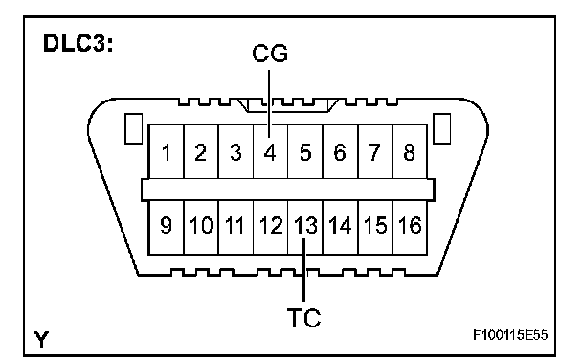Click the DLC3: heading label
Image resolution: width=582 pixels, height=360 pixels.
pos(78,43)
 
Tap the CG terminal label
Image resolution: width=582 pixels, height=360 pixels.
pos(270,53)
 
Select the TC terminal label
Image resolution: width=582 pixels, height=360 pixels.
pos(304,318)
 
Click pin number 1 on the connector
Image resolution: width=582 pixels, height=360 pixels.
pos(166,152)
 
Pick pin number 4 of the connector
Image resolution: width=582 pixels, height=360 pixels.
pos(270,152)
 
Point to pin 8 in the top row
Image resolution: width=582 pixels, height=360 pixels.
pos(409,152)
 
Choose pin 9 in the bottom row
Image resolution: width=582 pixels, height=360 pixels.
pos(166,225)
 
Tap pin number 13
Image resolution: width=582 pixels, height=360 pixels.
pos(305,225)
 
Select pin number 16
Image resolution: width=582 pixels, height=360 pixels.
pos(410,225)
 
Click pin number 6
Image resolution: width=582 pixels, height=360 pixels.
pos(340,152)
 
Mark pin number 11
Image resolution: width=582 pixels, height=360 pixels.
pos(235,225)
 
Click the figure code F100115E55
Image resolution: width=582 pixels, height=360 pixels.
pos(510,335)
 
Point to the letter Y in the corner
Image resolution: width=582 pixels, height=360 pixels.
pos(41,339)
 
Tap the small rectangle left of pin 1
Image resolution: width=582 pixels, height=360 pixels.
pos(133,128)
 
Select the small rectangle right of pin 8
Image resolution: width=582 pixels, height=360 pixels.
pos(442,128)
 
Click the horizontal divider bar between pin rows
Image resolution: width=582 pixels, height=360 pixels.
pos(288,190)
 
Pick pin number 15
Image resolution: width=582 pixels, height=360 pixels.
pos(375,225)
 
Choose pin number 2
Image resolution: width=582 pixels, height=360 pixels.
pos(200,152)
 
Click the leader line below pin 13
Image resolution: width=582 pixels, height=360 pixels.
pos(304,270)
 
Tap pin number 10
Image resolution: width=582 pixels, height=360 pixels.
pos(201,225)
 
